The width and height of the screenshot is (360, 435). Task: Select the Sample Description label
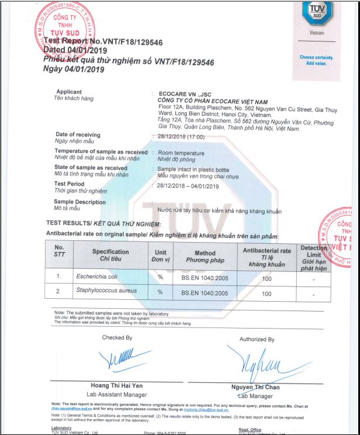[x=80, y=202]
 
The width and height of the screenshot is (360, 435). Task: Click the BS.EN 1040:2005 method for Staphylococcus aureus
[x=205, y=293]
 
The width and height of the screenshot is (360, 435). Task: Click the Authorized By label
[x=257, y=339]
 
